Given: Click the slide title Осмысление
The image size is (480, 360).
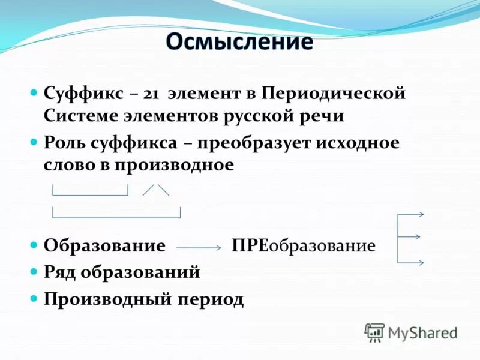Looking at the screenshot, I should coord(239,42).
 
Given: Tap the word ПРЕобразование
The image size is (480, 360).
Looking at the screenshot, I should coord(304,246).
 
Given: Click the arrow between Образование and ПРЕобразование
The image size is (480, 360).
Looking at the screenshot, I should coord(199,247).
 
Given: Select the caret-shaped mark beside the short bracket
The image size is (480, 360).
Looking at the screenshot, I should coord(156,189).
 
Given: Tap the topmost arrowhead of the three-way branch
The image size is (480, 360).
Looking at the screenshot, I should coord(421,214).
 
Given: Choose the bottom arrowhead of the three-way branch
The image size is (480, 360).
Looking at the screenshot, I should coord(421,263).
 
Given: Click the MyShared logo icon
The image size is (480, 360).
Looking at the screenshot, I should coord(374,332).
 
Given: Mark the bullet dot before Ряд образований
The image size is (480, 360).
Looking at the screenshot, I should coord(34,272).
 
